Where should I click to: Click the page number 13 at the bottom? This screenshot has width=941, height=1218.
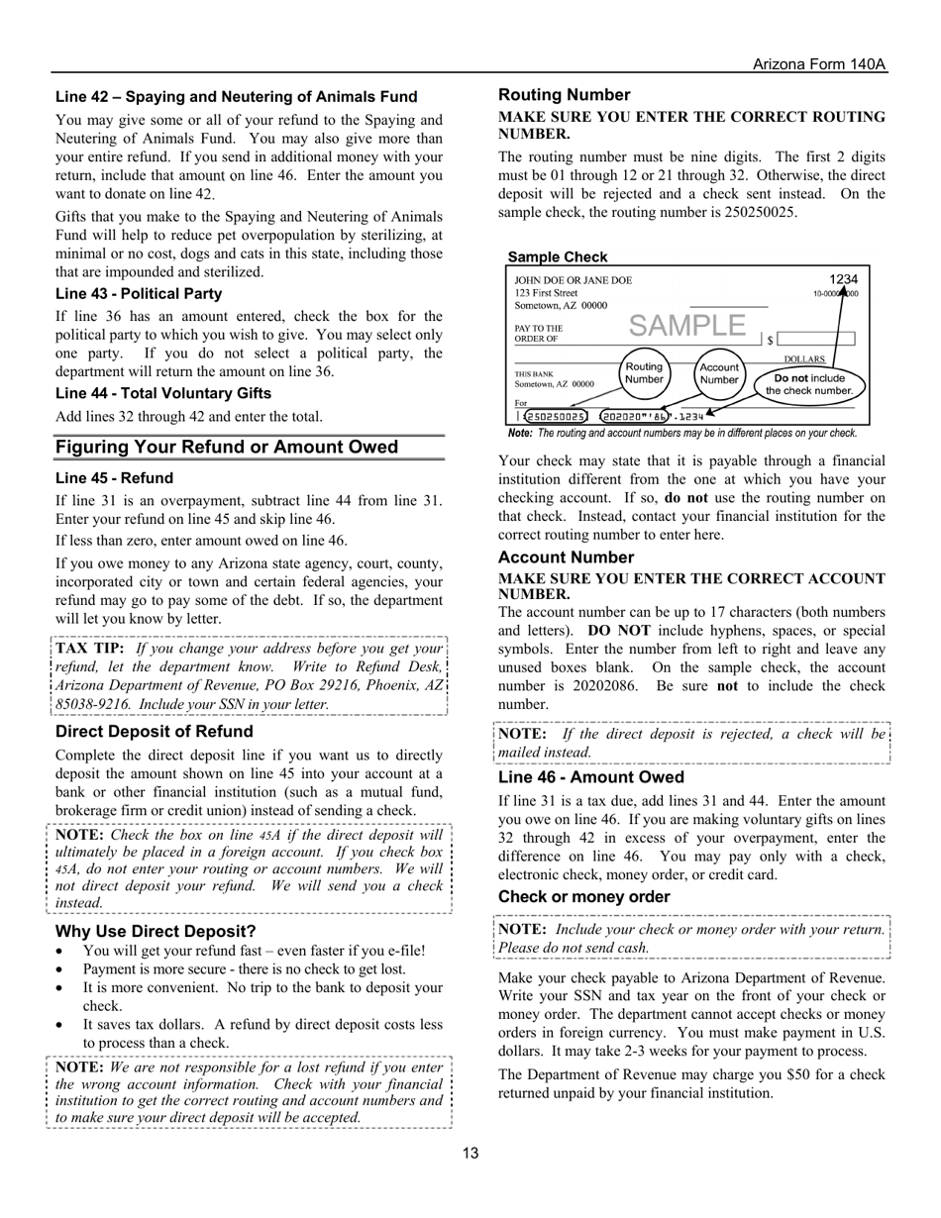tap(470, 1153)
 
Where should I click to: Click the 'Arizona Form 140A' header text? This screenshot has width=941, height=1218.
tap(819, 64)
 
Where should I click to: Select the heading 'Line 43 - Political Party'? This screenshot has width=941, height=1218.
tap(139, 294)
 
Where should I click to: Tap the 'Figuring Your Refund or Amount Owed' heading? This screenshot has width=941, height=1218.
tap(227, 448)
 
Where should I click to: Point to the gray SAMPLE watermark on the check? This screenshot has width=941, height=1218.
tap(687, 325)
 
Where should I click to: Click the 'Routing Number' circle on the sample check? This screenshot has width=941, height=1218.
tap(644, 373)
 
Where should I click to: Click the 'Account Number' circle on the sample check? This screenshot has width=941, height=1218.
tap(719, 373)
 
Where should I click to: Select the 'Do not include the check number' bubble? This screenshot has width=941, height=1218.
tap(809, 384)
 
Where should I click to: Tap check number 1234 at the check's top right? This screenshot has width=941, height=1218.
tap(843, 279)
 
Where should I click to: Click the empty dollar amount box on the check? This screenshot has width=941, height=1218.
tap(815, 339)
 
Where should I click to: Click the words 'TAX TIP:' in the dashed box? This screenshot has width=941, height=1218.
tap(90, 648)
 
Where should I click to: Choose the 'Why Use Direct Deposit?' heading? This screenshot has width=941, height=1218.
tap(156, 932)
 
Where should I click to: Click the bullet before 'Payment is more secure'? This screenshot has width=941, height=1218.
tap(62, 969)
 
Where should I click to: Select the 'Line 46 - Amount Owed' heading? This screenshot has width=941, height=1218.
tap(590, 777)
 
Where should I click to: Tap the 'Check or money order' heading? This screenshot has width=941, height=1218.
tap(584, 897)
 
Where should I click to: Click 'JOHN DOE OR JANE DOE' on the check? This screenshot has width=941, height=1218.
tap(573, 280)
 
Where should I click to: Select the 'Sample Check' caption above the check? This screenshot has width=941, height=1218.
tap(558, 257)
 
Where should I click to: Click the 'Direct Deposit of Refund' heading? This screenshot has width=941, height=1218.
tap(155, 732)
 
